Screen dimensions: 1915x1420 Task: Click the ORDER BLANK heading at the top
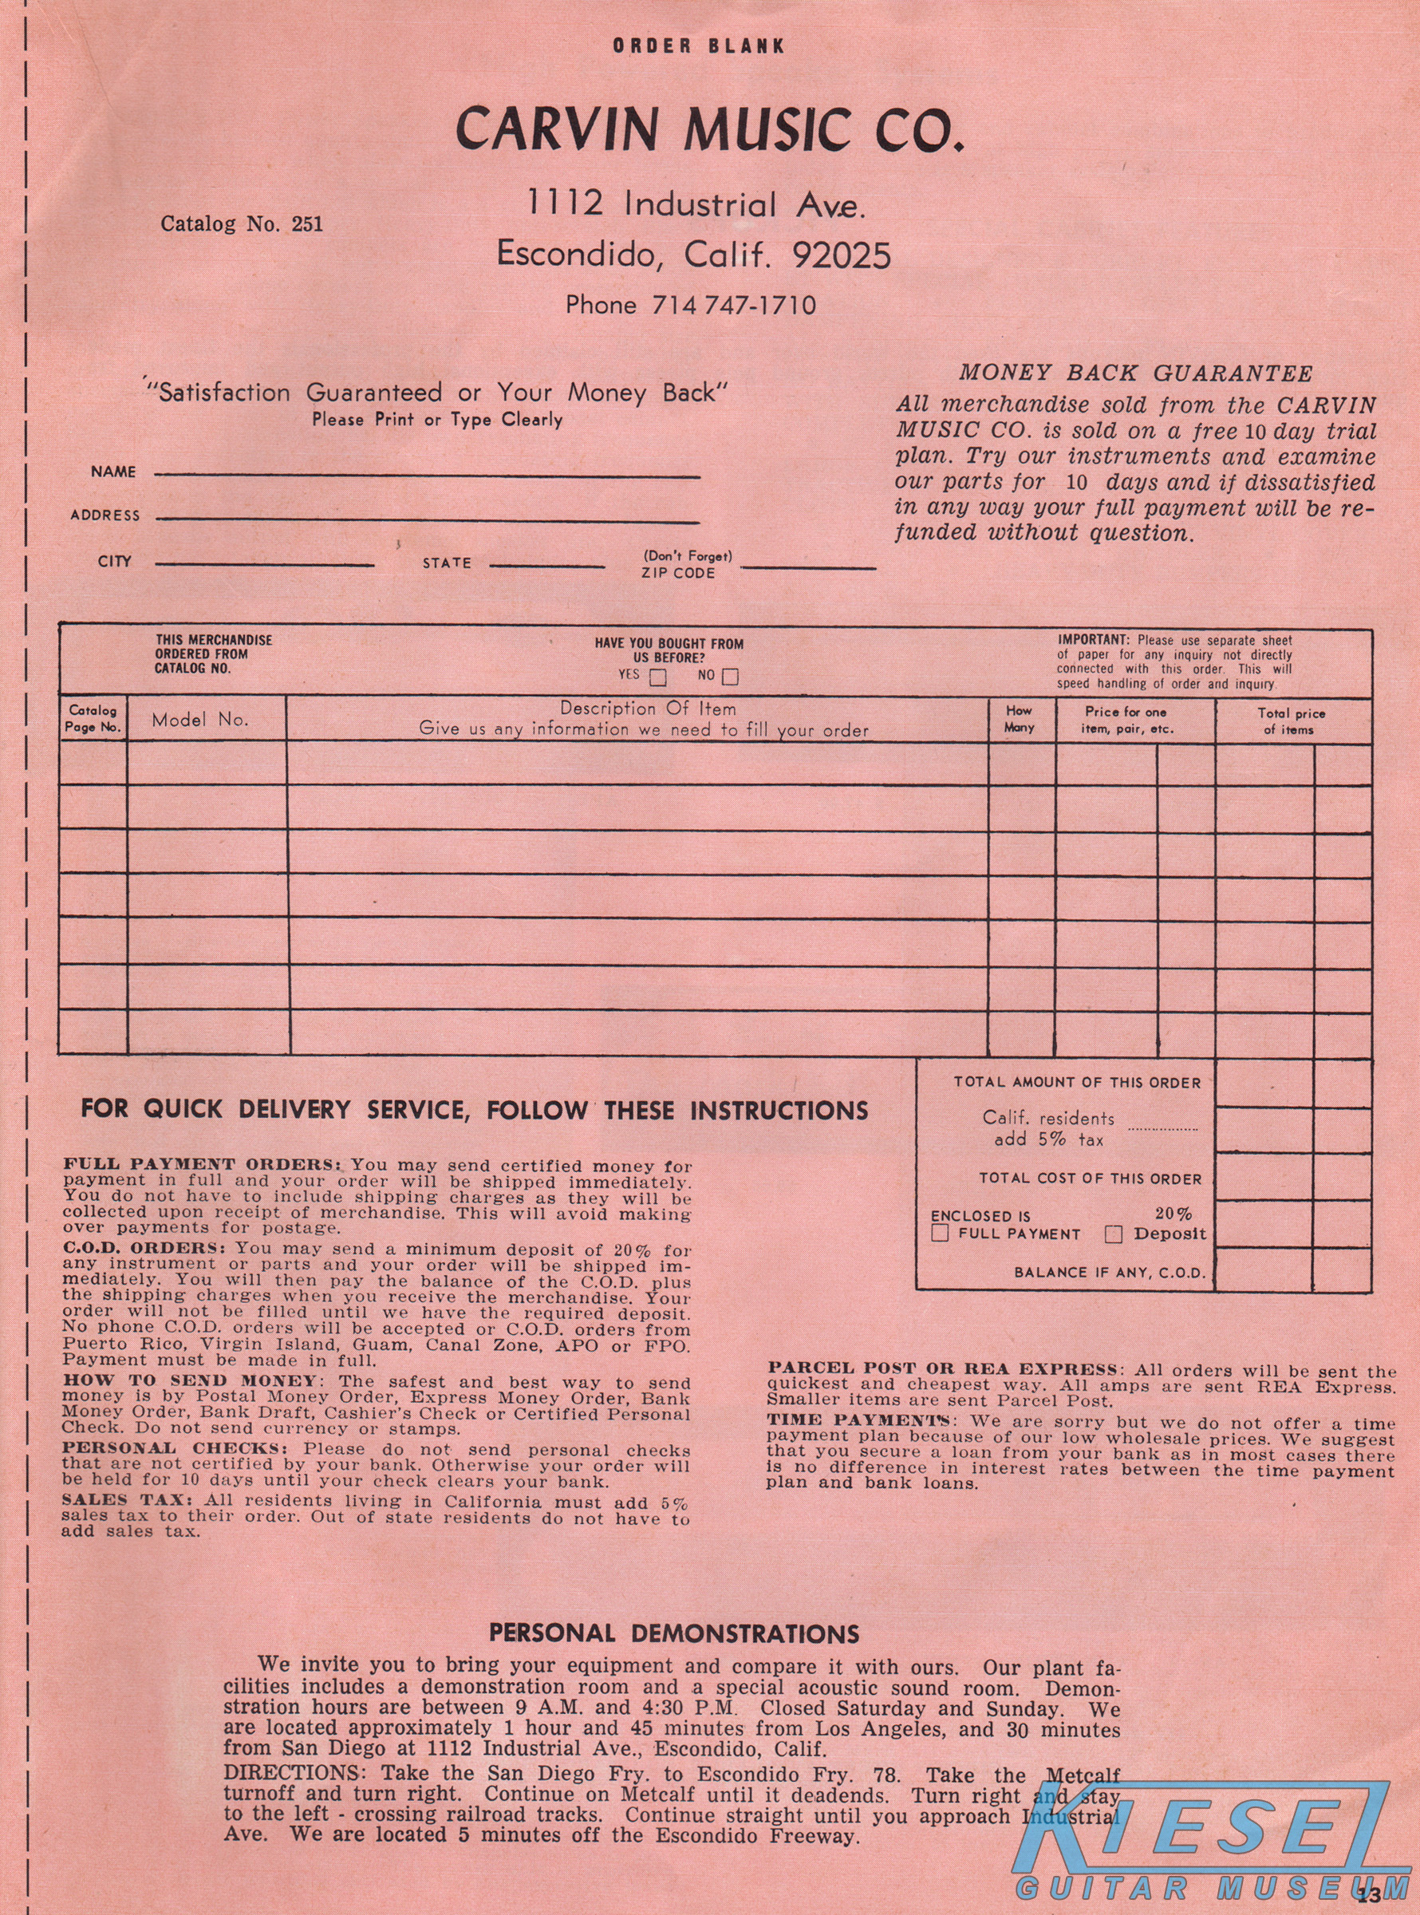698,45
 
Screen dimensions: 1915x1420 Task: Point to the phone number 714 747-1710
733,305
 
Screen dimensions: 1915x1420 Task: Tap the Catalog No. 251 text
242,224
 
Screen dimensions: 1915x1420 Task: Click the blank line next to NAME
428,475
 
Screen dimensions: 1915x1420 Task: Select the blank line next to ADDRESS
428,519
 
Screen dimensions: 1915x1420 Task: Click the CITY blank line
265,565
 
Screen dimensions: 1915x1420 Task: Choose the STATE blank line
546,567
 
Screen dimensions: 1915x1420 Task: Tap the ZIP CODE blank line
808,567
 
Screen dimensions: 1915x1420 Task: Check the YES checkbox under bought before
657,677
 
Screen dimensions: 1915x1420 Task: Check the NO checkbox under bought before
730,677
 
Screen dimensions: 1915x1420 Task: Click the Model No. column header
200,721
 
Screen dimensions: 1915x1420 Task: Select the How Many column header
1020,720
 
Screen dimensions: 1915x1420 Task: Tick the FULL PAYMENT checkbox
941,1234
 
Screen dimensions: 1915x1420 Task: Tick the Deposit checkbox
1113,1234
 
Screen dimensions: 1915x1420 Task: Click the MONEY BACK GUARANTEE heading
1135,373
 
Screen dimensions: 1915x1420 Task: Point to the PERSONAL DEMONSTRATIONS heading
674,1634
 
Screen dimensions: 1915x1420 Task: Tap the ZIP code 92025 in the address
842,255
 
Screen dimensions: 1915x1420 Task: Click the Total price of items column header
1291,721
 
